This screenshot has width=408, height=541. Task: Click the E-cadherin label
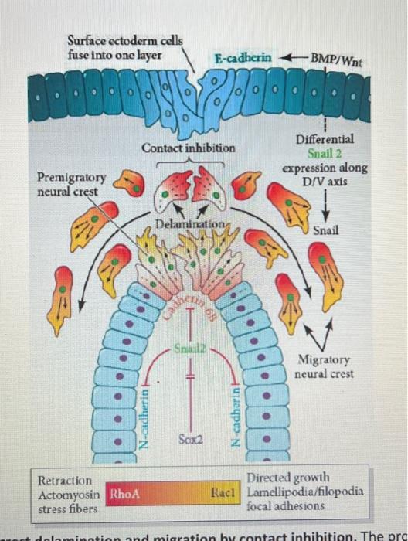[x=245, y=58]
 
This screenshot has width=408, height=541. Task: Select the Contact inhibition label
[x=189, y=147]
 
